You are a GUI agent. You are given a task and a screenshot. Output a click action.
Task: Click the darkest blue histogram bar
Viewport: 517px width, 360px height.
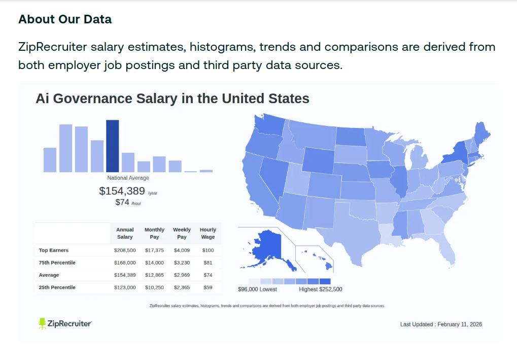coord(112,146)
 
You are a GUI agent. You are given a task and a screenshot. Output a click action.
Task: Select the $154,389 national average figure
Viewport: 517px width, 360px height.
coord(122,191)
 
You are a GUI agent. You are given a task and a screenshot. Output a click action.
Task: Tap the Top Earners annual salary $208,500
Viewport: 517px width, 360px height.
coord(125,250)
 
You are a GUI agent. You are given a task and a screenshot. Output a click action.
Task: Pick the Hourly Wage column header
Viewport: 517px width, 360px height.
coord(208,233)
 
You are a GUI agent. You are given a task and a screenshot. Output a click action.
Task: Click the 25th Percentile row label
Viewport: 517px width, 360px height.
coord(57,287)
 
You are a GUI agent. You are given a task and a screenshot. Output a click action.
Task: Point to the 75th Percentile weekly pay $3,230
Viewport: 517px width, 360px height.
coord(182,263)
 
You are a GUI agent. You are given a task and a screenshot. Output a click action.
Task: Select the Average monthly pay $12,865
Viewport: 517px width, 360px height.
coord(154,275)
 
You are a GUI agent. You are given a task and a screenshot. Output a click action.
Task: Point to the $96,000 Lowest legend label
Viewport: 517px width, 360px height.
coord(258,289)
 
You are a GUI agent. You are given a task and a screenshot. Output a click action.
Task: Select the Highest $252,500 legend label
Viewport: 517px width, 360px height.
coord(320,289)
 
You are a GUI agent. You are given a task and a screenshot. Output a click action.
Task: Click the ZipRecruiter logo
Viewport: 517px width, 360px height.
coord(65,323)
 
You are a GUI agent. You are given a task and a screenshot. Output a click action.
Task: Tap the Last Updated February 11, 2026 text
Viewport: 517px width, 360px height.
coord(441,324)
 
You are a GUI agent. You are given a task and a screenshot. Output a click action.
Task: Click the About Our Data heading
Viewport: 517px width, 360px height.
coord(65,19)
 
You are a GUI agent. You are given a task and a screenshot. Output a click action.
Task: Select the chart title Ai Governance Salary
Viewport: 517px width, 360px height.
coord(172,99)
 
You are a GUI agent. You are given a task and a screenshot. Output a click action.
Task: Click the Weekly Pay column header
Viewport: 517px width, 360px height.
coord(182,233)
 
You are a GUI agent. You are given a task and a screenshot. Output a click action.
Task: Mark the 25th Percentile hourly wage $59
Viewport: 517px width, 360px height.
coord(208,287)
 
